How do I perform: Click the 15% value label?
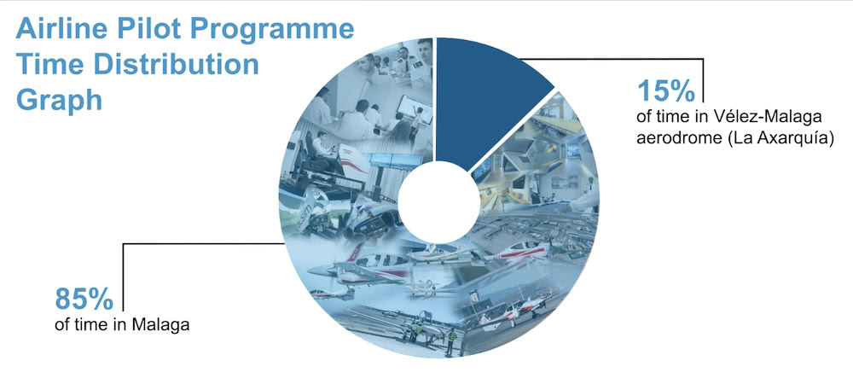pos(666,90)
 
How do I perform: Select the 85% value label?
pos(84,300)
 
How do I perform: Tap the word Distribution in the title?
pos(177,65)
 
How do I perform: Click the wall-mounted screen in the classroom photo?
pos(415,108)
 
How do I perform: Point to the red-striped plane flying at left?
pos(360,266)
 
